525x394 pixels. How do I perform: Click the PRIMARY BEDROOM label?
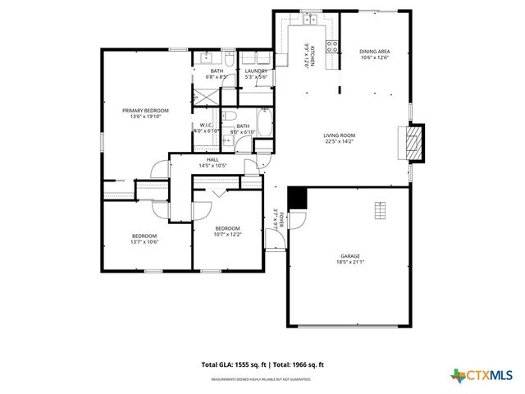[145, 111]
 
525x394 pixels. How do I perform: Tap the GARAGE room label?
[350, 255]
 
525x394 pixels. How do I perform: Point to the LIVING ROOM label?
[338, 135]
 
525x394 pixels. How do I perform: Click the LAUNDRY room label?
[256, 71]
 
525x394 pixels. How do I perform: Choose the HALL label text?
[212, 159]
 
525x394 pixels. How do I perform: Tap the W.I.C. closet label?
[205, 126]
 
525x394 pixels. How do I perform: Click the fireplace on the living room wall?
[417, 142]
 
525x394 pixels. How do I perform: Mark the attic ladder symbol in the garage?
[378, 211]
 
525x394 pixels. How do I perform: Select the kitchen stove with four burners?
[333, 47]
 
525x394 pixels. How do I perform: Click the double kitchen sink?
[310, 18]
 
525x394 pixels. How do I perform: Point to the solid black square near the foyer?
[296, 198]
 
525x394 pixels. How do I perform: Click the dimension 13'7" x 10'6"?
[144, 241]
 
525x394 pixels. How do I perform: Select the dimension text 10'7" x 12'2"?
[227, 235]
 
